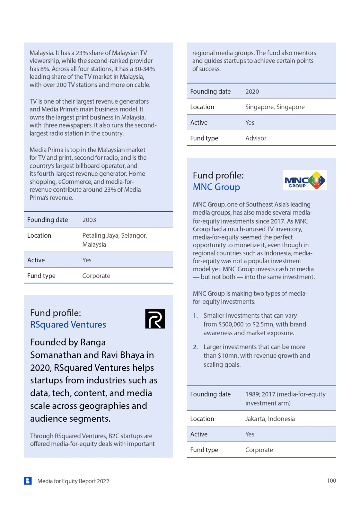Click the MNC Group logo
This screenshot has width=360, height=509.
tap(305, 180)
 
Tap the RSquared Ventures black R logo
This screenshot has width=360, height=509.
tap(155, 319)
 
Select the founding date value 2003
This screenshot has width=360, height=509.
tap(89, 220)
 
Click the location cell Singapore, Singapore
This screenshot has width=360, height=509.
tap(275, 107)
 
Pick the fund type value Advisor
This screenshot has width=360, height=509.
tap(256, 138)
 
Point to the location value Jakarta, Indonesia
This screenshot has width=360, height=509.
tap(270, 419)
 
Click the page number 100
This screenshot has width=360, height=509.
tap(331, 481)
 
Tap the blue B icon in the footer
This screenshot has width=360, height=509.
tap(28, 481)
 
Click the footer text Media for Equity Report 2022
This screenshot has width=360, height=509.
tap(73, 481)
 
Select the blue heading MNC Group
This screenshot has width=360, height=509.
tap(216, 187)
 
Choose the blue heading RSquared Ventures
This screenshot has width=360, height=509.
tap(68, 325)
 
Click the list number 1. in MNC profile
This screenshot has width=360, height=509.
tap(195, 316)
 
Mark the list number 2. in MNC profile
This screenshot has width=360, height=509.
tap(195, 347)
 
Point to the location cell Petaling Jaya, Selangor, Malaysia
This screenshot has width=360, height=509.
tap(115, 240)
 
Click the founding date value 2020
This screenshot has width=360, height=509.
tap(252, 92)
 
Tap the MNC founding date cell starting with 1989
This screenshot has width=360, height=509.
tap(285, 399)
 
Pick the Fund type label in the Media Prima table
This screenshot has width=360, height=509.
tap(41, 276)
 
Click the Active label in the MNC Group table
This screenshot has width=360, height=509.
tap(199, 434)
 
